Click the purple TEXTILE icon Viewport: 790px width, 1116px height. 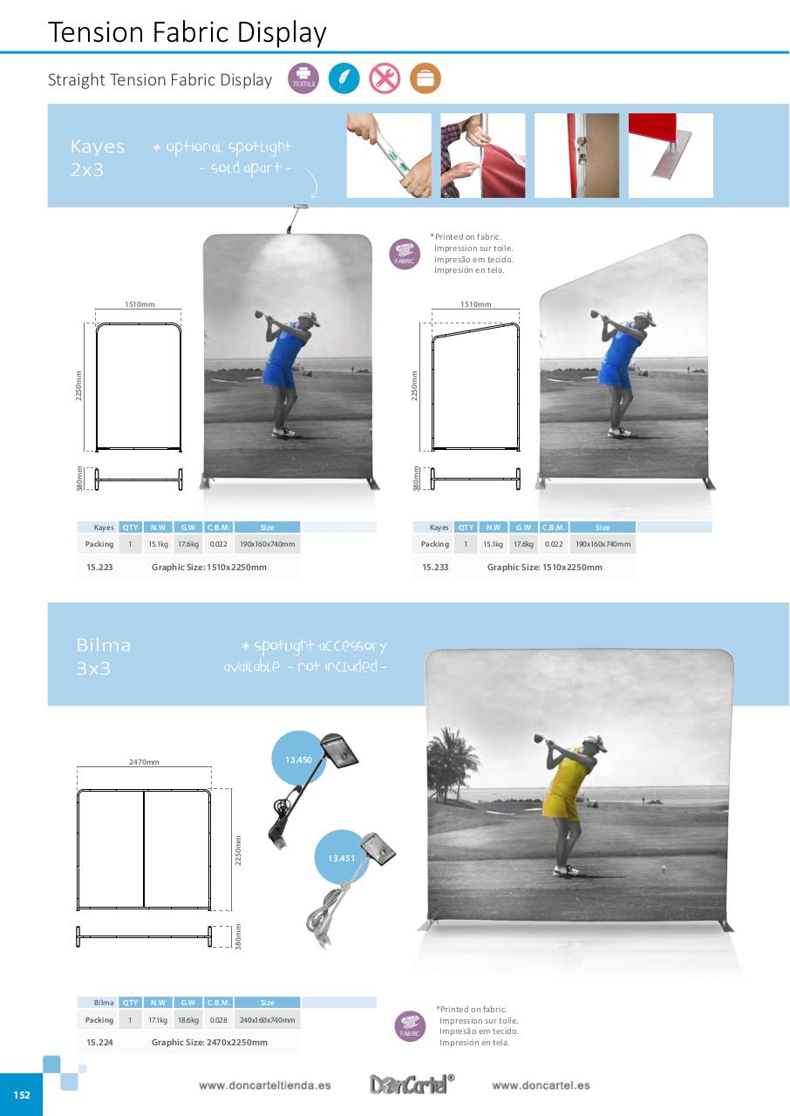303,79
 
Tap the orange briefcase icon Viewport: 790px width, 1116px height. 426,79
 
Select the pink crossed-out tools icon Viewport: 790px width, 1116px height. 385,79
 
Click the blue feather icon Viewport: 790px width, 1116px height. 344,79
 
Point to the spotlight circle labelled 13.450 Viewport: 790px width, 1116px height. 298,759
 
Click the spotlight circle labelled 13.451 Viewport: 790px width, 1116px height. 341,859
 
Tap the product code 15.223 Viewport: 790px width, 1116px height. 99,567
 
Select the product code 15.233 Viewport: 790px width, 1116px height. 435,567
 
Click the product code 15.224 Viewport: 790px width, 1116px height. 99,1042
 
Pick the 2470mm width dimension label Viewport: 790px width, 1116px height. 144,762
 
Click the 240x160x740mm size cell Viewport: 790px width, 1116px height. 268,1020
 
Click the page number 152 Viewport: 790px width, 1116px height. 21,1095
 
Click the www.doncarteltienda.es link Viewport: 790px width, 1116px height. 264,1085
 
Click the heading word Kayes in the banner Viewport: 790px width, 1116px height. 98,146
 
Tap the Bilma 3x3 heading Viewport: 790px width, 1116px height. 104,657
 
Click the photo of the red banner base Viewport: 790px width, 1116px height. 671,155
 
